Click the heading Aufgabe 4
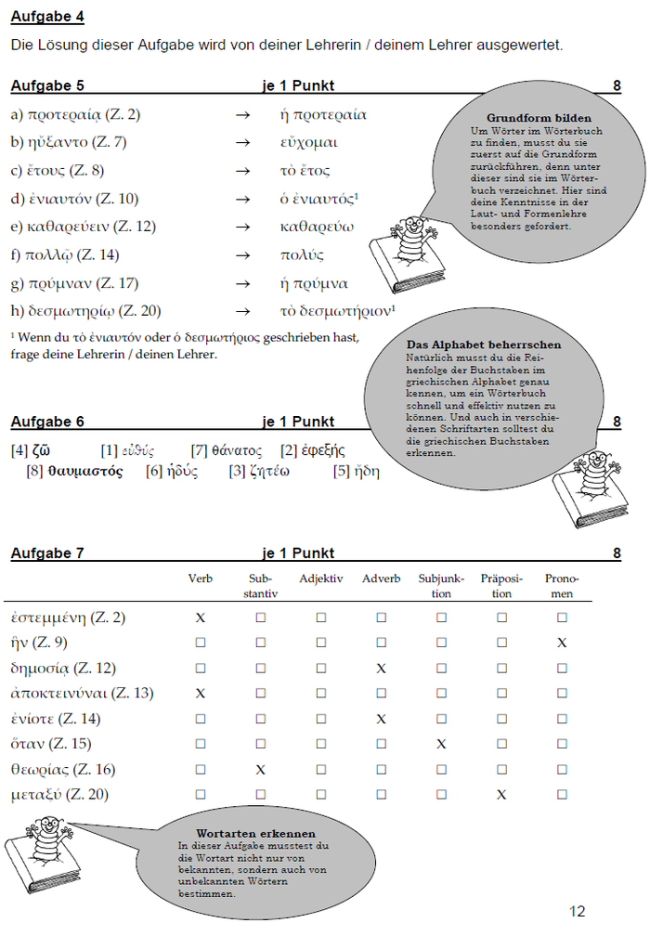[x=42, y=17]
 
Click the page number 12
[x=578, y=911]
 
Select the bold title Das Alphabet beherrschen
[x=483, y=344]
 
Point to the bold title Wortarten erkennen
[x=255, y=833]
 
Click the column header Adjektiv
[x=320, y=578]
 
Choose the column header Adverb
[x=381, y=578]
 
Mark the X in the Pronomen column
[x=562, y=643]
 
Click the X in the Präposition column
[x=501, y=795]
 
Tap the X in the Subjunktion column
[x=441, y=744]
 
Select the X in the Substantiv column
[x=260, y=770]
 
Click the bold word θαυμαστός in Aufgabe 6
[x=85, y=471]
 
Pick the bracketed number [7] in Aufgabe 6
[x=199, y=451]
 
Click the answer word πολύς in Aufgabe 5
[x=303, y=255]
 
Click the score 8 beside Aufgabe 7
[x=617, y=554]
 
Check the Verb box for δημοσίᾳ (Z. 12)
[x=200, y=668]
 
